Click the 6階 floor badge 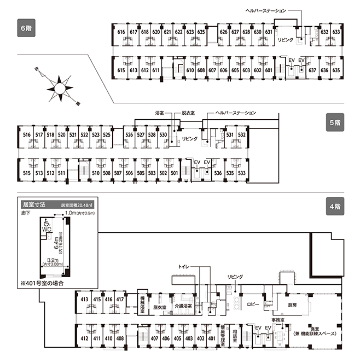(25, 27)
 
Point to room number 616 (121, 32)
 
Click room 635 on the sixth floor (336, 71)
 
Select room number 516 (26, 135)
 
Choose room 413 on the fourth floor (84, 300)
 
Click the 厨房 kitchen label (293, 305)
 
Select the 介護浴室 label (183, 306)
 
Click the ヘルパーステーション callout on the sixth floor (265, 11)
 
